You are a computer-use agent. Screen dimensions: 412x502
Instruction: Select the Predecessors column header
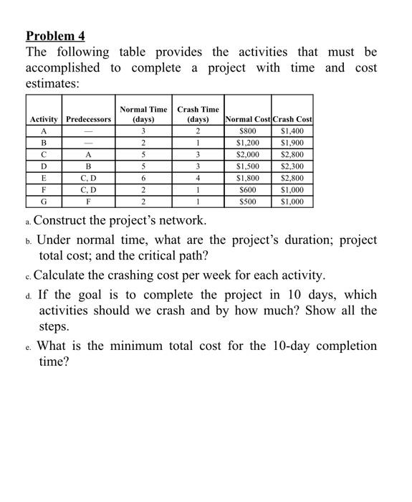pos(88,119)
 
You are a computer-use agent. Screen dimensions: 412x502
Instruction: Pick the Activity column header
pos(44,119)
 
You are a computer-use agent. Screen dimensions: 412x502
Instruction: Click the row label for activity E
pos(44,178)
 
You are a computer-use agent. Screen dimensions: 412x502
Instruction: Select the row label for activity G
pos(44,202)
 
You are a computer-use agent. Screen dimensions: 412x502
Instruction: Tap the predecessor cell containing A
pos(88,154)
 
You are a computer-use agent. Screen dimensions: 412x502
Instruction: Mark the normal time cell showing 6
pos(143,178)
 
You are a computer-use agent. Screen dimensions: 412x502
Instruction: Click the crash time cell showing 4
pos(197,178)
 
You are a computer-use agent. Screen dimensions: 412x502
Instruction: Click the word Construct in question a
pos(65,220)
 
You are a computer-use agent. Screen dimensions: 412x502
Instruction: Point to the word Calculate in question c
pos(64,275)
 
